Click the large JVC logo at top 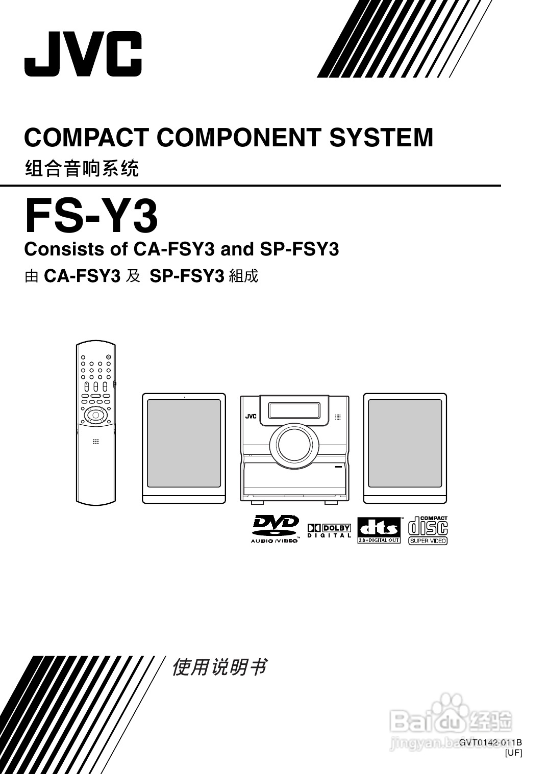click(83, 54)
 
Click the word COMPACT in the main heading click(86, 138)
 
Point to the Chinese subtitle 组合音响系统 click(82, 168)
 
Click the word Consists click(62, 249)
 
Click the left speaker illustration click(184, 448)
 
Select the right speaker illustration click(405, 448)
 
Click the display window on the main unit click(294, 409)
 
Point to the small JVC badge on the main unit click(251, 416)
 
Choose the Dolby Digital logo click(329, 531)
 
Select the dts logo click(379, 530)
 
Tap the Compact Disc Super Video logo click(428, 530)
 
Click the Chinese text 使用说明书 click(219, 667)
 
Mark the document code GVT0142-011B click(490, 742)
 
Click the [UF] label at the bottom click(513, 752)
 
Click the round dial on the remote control click(94, 416)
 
